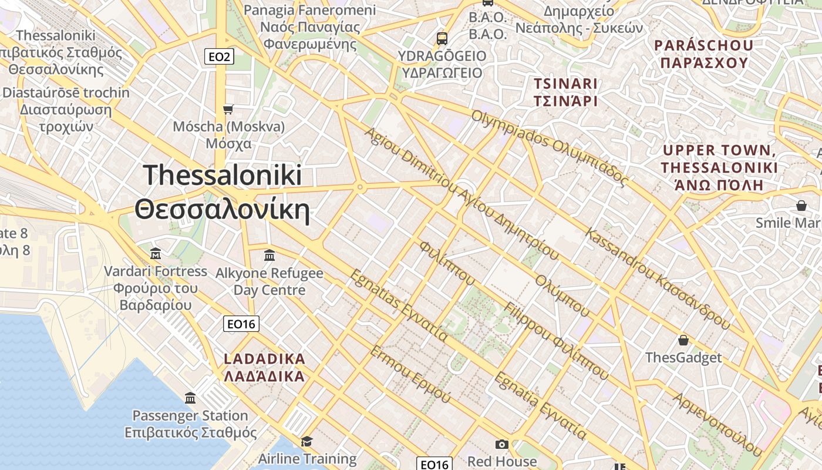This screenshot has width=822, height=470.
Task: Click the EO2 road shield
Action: [220, 57]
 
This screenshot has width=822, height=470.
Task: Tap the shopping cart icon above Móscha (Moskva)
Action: [228, 109]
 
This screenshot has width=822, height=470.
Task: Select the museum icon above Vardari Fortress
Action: [156, 253]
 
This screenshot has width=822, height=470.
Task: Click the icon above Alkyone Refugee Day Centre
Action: [269, 255]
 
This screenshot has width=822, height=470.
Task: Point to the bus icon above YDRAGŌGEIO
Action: [442, 39]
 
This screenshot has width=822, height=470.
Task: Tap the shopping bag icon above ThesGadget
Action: [683, 340]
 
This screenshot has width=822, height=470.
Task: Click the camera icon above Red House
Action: [501, 444]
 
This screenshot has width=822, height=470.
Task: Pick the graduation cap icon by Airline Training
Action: [306, 441]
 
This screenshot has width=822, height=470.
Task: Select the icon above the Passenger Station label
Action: [190, 398]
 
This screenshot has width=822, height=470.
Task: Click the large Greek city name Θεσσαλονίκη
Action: [222, 210]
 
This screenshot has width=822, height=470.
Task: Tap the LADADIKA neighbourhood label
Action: [265, 359]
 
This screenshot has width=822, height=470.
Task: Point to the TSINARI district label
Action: [565, 84]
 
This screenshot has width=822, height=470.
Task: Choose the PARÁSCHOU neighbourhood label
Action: [704, 45]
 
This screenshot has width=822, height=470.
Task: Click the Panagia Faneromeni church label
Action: [310, 10]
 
